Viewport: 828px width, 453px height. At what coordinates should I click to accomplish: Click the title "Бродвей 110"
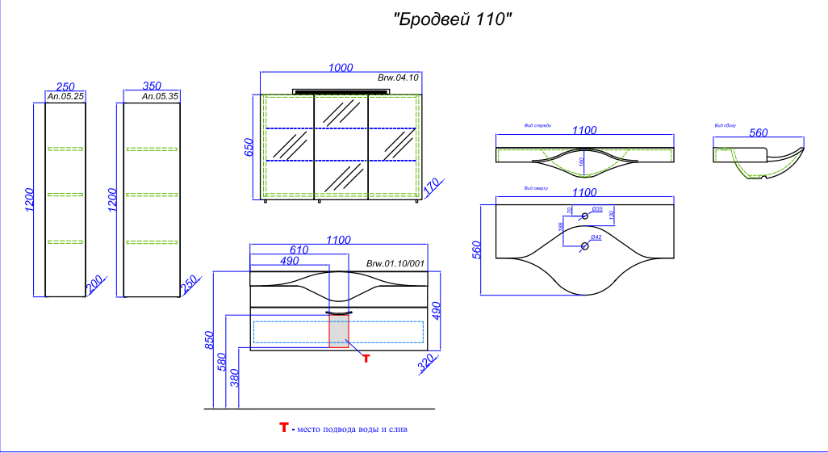pyautogui.click(x=453, y=19)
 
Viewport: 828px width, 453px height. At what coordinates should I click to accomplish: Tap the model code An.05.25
pyautogui.click(x=66, y=96)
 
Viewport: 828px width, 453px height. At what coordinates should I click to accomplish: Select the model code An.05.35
pyautogui.click(x=160, y=96)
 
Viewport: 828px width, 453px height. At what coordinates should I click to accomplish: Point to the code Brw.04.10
pyautogui.click(x=398, y=78)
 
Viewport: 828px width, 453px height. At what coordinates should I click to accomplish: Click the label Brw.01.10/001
pyautogui.click(x=395, y=264)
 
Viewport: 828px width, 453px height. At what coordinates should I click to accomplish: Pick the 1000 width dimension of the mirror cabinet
pyautogui.click(x=340, y=68)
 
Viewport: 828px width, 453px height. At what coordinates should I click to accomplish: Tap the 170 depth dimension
pyautogui.click(x=431, y=187)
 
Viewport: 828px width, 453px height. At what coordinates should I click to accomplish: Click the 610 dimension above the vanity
pyautogui.click(x=299, y=250)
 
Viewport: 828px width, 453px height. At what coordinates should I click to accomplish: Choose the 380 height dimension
pyautogui.click(x=236, y=377)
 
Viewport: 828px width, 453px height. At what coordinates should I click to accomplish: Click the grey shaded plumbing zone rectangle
pyautogui.click(x=339, y=331)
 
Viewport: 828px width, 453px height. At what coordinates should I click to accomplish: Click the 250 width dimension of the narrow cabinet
pyautogui.click(x=65, y=86)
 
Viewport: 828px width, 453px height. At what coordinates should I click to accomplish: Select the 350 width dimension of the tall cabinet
pyautogui.click(x=152, y=86)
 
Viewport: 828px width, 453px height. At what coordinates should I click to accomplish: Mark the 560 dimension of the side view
pyautogui.click(x=758, y=133)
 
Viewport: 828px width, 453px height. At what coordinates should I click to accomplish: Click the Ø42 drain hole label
pyautogui.click(x=596, y=237)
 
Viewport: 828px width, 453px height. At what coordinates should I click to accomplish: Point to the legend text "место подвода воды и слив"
pyautogui.click(x=352, y=430)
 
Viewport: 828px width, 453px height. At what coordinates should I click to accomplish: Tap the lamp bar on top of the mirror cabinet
pyautogui.click(x=340, y=91)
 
